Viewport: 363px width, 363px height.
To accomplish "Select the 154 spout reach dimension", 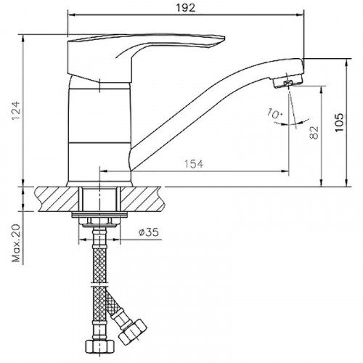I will point(192,164).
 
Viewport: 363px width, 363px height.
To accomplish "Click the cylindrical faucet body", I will point(99,131).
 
